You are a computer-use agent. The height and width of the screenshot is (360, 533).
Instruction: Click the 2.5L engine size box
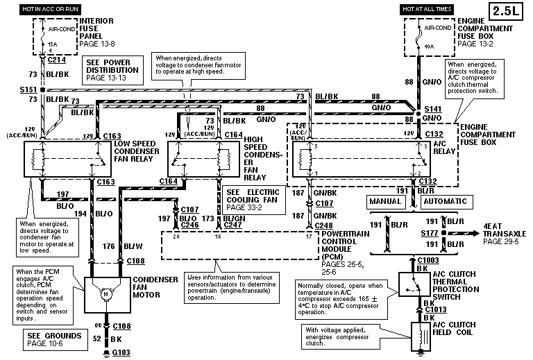[x=509, y=12]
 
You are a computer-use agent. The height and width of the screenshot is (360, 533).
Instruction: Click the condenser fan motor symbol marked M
[x=106, y=294]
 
